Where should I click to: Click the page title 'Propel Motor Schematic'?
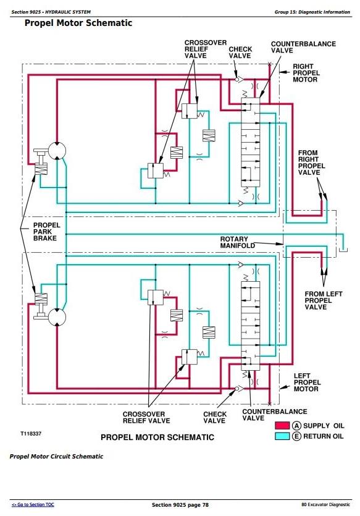[x=78, y=23]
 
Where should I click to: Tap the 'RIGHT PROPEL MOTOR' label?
[x=306, y=73]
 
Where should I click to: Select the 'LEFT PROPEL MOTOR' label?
[x=306, y=383]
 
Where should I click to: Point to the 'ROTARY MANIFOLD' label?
[x=237, y=242]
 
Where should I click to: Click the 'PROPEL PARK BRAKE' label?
[x=47, y=232]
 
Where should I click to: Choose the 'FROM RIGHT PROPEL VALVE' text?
[x=311, y=163]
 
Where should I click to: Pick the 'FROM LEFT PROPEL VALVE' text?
[x=324, y=300]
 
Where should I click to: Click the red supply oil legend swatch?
[x=282, y=426]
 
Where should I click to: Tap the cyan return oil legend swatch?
[x=282, y=436]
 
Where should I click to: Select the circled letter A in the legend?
[x=296, y=426]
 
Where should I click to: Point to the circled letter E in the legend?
[x=296, y=436]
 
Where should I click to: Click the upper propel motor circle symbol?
[x=57, y=151]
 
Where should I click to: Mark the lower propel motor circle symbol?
[x=57, y=317]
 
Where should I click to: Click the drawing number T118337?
[x=31, y=434]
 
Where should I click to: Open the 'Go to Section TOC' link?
[x=33, y=504]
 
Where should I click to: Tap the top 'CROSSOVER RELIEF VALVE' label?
[x=206, y=49]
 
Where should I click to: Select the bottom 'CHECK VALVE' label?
[x=215, y=417]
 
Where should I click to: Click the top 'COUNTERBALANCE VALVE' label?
[x=303, y=47]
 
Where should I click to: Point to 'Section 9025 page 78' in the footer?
[x=180, y=505]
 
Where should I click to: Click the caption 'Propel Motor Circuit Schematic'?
[x=56, y=457]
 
